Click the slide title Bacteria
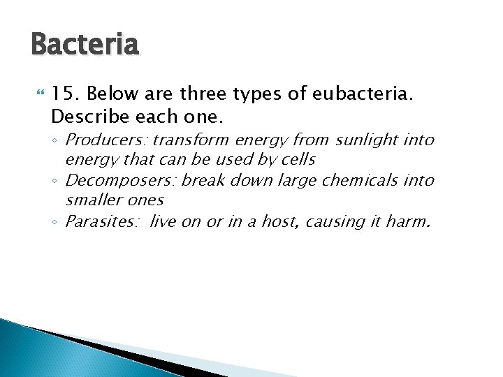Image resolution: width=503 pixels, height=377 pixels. click(x=85, y=45)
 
